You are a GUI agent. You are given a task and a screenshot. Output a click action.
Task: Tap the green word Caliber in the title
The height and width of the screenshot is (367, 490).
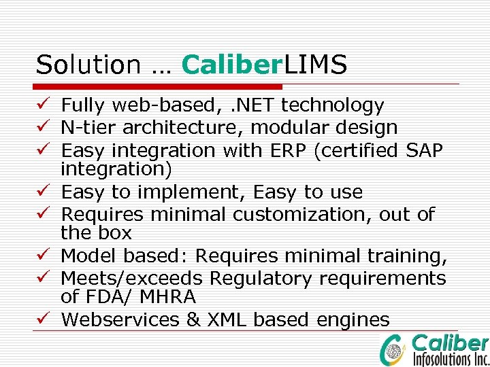click(x=232, y=65)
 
